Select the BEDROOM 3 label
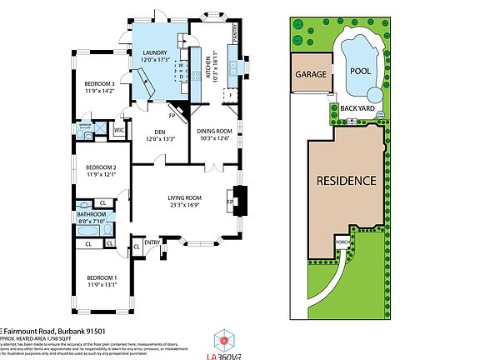pos(101,83)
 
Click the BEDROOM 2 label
pos(99,167)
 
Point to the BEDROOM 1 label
pos(99,277)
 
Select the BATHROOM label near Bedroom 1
pos(92,214)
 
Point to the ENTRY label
pos(152,242)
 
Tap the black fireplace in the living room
pos(238,200)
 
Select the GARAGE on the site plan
pos(309,73)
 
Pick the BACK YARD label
pos(356,107)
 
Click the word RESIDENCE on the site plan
pos(346,180)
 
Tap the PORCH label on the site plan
pos(342,242)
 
